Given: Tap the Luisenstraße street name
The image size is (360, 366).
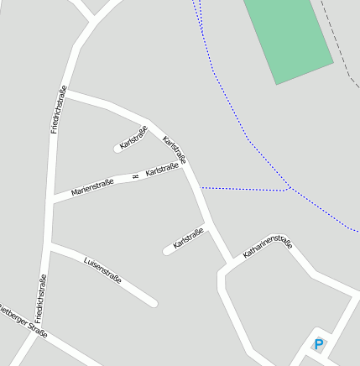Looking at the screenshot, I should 103,269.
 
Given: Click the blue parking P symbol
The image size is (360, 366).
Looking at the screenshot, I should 319,343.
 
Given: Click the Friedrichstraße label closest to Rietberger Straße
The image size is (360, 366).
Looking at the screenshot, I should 40,299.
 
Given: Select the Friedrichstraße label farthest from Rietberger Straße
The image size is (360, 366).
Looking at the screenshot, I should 59,110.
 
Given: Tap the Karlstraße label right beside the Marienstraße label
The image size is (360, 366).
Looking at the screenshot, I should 163,171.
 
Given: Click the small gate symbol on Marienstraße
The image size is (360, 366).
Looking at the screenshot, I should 134,176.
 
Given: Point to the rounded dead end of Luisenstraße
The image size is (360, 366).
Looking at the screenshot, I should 153,302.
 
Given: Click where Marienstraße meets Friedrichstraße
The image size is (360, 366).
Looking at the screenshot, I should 55,199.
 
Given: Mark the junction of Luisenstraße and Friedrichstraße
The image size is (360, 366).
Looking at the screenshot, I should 51,247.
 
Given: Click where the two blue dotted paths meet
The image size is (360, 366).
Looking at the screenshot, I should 290,189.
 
